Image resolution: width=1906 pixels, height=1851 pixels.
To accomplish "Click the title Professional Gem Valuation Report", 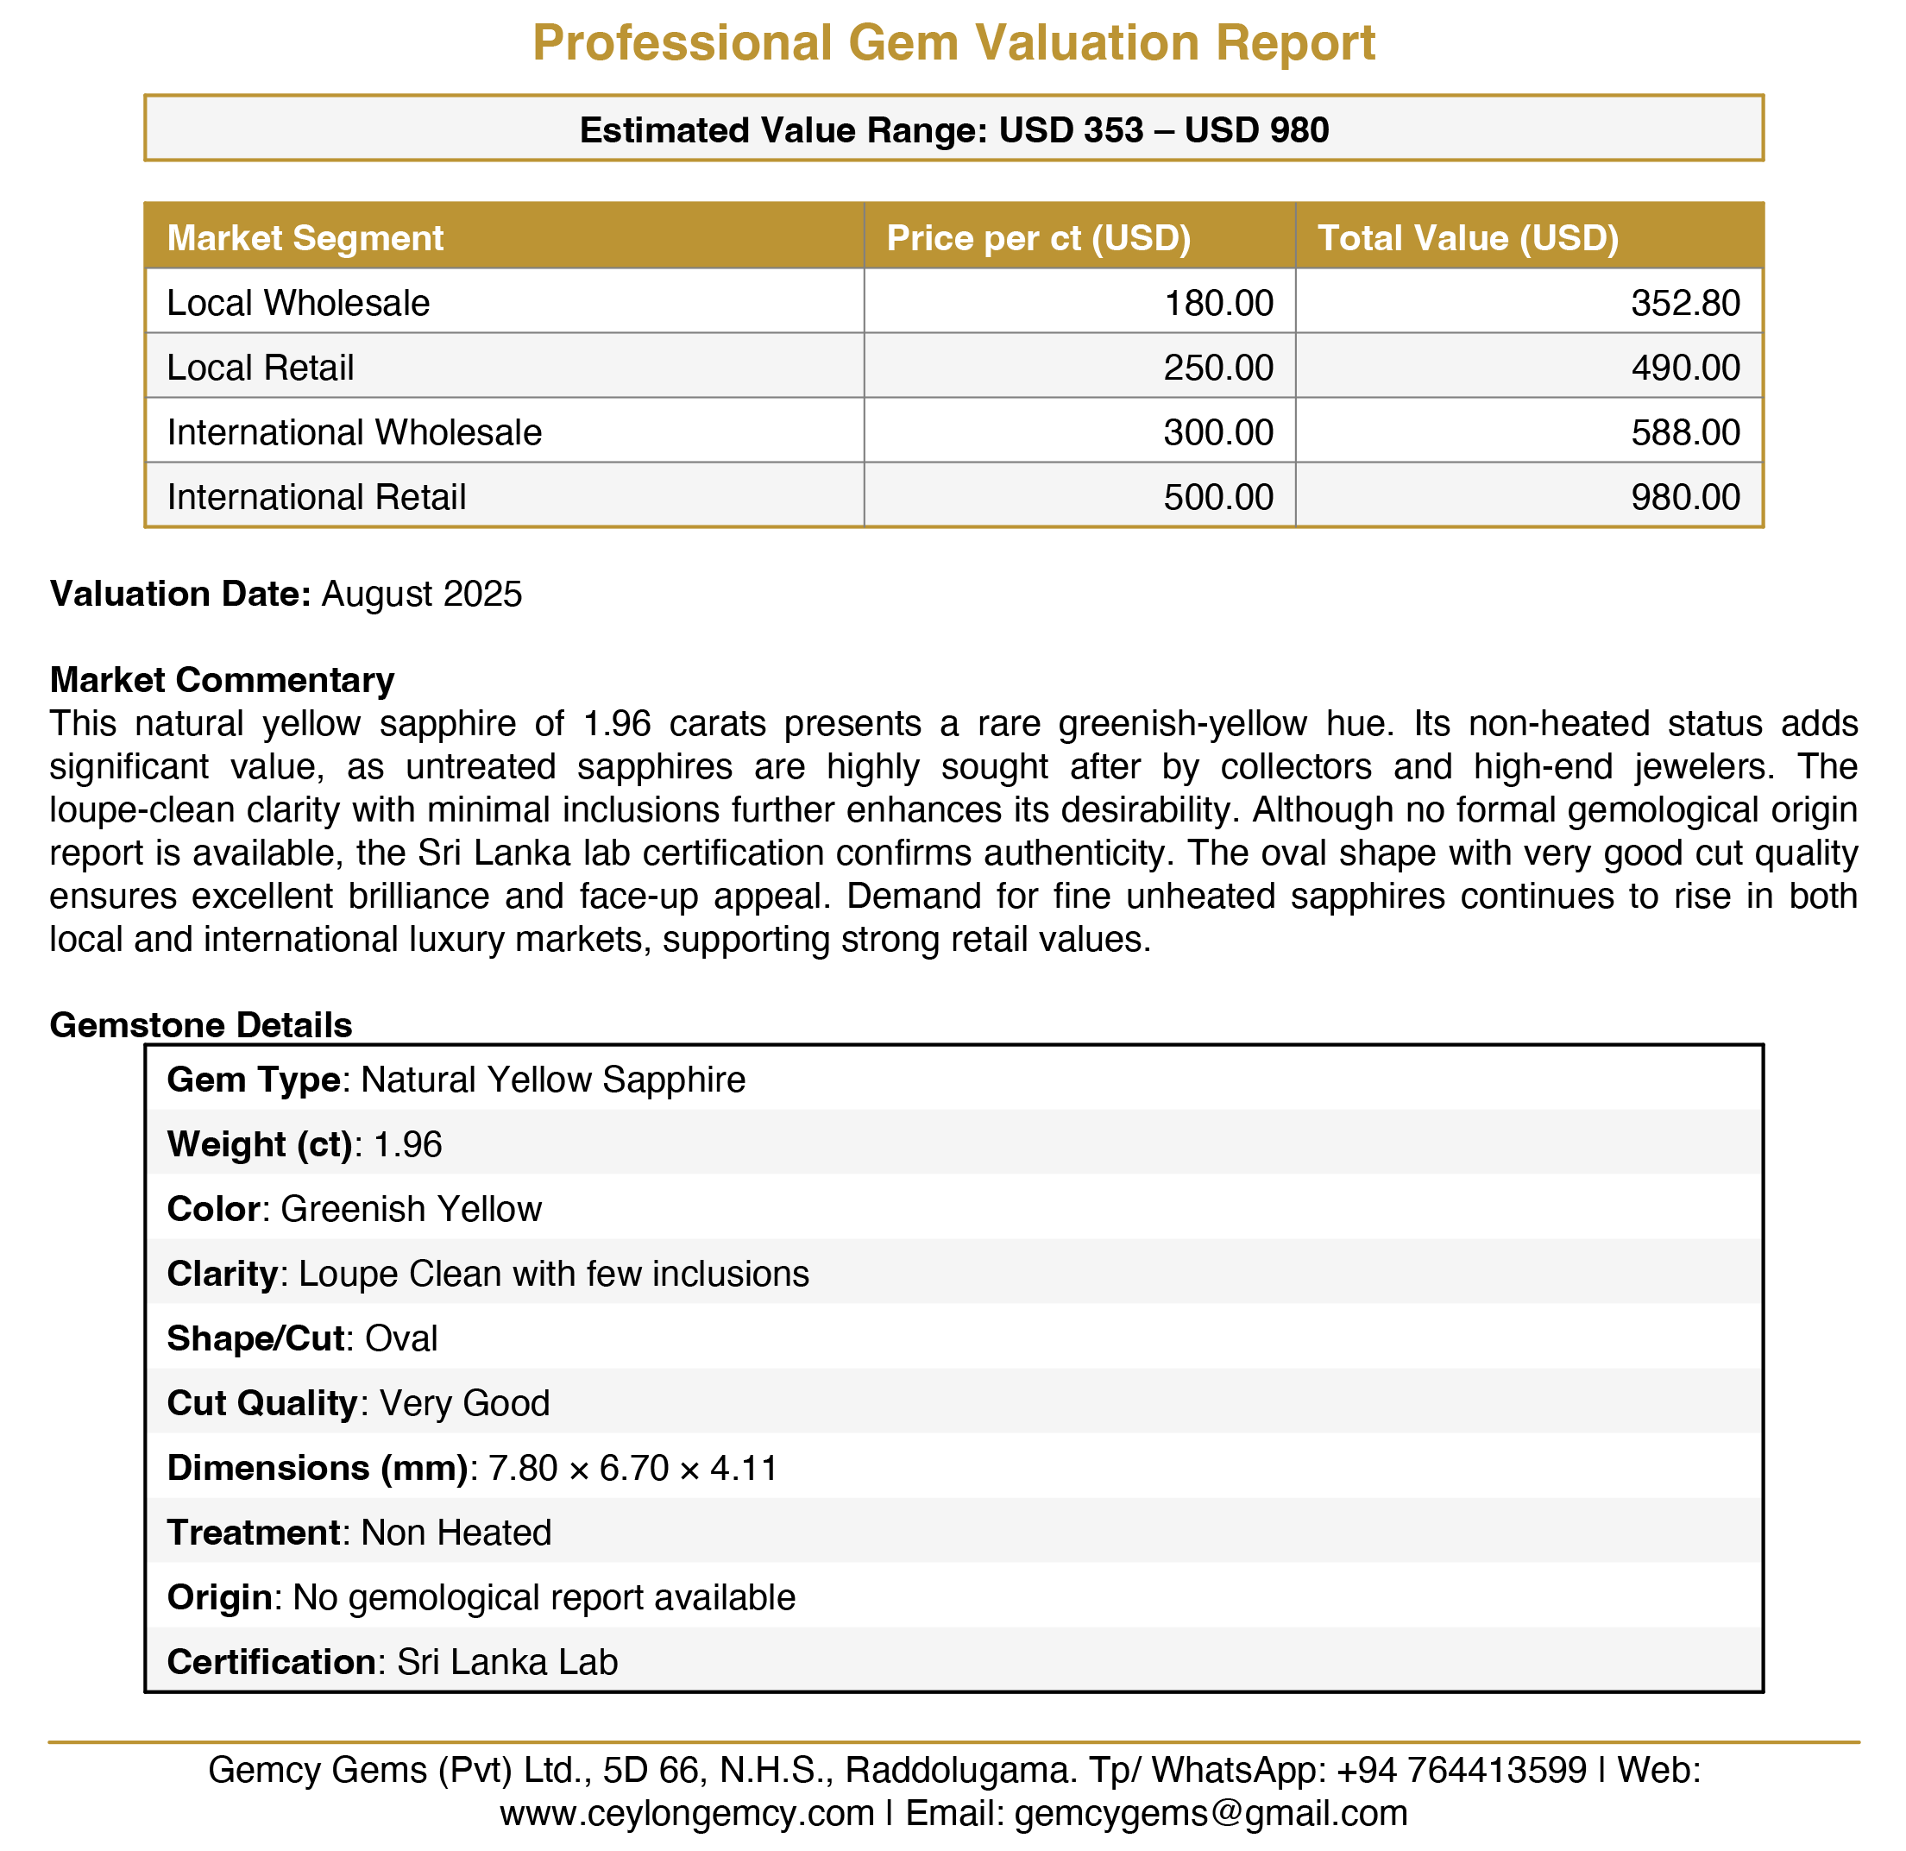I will point(953,43).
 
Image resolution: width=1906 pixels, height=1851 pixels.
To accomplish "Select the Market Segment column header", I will point(305,238).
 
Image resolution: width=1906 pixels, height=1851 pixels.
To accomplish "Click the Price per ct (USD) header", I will point(1038,238).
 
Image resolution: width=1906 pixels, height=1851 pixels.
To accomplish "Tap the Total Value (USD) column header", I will point(1468,238).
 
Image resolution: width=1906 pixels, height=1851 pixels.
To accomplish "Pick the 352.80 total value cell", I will point(1685,304).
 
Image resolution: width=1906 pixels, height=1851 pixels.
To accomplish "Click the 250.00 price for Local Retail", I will point(1217,368).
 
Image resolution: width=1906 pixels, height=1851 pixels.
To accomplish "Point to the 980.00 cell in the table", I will point(1685,497).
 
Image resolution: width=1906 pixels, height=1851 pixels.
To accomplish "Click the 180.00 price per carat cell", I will point(1217,304).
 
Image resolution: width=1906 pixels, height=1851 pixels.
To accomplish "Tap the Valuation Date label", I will point(180,594).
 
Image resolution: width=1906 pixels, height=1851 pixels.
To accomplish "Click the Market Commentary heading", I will point(222,680).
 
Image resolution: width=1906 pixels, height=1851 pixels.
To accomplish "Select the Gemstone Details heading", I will point(200,1025).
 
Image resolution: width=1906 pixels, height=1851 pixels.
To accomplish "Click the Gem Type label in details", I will point(253,1080).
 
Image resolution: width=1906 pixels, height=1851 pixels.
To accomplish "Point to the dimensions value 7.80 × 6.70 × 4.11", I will point(633,1468).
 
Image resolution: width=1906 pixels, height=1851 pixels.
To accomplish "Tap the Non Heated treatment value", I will point(456,1533).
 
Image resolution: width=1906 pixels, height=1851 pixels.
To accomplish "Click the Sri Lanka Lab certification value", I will point(506,1662).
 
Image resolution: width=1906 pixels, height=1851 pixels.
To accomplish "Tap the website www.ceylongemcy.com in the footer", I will point(687,1813).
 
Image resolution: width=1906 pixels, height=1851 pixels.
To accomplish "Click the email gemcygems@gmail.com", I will point(1210,1813).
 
